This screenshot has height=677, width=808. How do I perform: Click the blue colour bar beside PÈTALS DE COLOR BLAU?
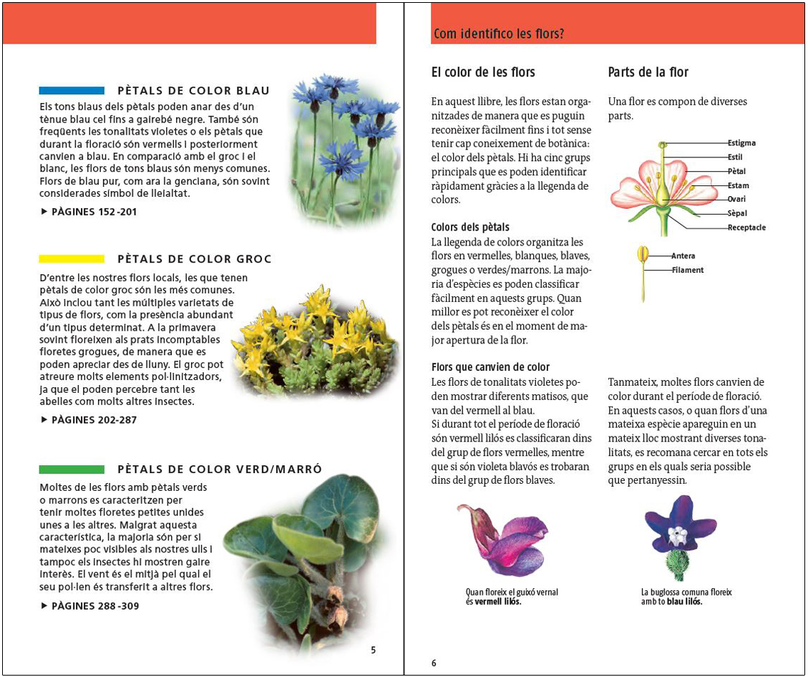(72, 91)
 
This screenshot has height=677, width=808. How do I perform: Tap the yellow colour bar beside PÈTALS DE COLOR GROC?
(72, 259)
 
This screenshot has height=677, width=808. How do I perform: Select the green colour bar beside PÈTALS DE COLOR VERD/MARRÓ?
(72, 469)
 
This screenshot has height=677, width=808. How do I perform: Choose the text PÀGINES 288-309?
(90, 606)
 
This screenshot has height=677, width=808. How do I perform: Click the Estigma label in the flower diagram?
(741, 143)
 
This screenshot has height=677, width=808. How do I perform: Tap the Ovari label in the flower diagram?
(736, 200)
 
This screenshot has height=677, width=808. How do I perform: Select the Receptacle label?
(746, 228)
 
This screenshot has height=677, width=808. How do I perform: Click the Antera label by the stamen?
(683, 256)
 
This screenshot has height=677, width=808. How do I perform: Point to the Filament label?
(687, 271)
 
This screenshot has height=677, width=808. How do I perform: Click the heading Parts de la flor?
(648, 72)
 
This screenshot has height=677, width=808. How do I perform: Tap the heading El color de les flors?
(483, 72)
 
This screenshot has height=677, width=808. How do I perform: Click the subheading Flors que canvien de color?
(490, 367)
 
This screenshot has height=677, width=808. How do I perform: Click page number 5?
(373, 651)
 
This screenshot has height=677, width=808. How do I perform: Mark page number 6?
(434, 663)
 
